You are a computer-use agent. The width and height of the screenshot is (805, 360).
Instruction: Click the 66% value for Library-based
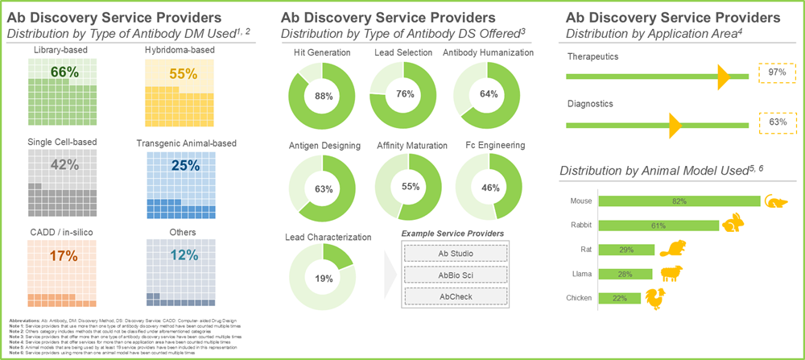(64, 72)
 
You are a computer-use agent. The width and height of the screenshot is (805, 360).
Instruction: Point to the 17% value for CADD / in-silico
(64, 257)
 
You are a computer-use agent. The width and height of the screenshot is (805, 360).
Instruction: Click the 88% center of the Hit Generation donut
(323, 96)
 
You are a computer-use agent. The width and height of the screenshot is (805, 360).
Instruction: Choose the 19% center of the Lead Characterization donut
(323, 278)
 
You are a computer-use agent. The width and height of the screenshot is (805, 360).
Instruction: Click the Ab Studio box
(456, 254)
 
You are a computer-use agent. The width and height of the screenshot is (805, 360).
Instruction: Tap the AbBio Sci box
(456, 275)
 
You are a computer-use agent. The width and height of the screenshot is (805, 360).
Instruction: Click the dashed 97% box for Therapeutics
(777, 73)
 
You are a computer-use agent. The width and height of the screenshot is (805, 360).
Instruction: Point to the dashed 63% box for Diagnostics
(777, 122)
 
